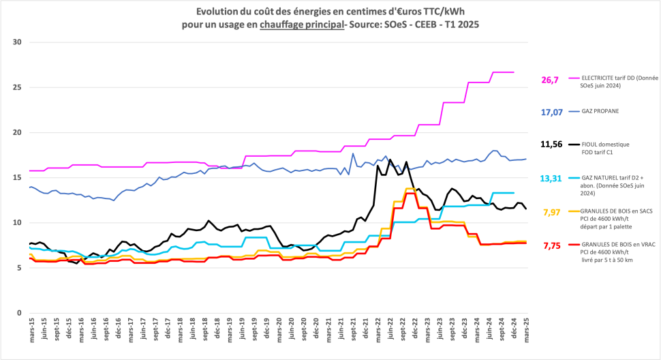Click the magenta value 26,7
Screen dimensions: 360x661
(x=550, y=80)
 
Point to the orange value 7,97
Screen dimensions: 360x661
(x=551, y=212)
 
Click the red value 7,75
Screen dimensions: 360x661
(x=551, y=245)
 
